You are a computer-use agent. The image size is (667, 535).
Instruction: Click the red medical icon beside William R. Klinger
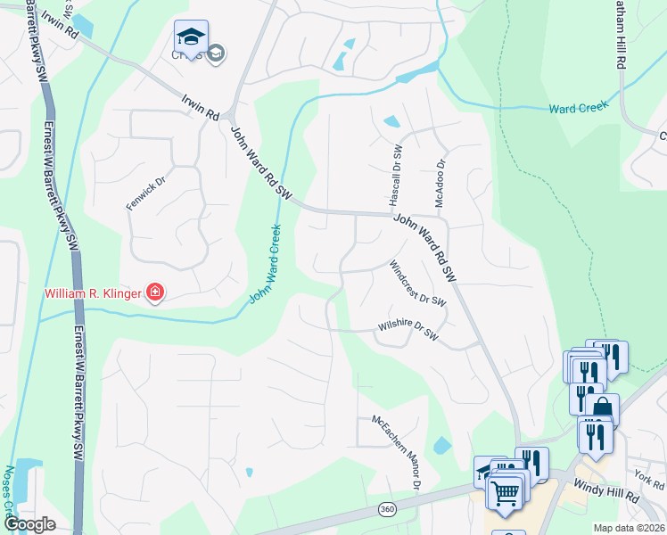[154, 292]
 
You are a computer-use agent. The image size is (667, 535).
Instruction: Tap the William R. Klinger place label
[95, 292]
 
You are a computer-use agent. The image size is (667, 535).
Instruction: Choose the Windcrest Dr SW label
[416, 284]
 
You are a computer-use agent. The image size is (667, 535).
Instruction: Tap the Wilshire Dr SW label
[408, 331]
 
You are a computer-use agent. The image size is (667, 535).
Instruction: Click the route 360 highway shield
[387, 509]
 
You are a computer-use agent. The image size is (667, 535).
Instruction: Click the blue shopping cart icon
[506, 491]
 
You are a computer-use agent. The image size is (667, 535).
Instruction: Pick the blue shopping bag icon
[602, 408]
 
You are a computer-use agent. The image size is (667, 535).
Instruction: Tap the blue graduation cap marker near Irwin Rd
[191, 36]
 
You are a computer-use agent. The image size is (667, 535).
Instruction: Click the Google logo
[29, 524]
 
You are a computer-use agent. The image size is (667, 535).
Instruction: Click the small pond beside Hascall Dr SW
[391, 121]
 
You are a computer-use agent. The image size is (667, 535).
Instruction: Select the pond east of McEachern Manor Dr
[441, 445]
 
